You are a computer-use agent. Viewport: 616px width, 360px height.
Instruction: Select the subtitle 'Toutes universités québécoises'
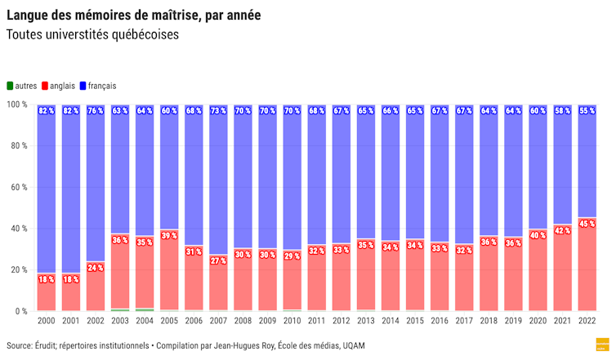(x=92, y=35)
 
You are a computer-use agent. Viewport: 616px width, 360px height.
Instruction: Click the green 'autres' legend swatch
(x=10, y=86)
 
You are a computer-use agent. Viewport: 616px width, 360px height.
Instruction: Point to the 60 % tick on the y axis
(x=17, y=187)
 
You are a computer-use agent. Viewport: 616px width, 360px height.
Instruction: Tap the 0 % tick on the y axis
(x=20, y=311)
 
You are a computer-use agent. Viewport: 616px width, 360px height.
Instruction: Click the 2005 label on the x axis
(x=169, y=322)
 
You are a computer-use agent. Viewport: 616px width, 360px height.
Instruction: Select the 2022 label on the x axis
(x=586, y=322)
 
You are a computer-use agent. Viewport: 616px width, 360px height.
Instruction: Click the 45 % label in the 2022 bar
(x=586, y=224)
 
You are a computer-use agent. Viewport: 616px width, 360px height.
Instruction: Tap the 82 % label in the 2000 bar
(x=47, y=111)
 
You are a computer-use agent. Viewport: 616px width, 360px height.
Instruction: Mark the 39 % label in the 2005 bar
(x=169, y=236)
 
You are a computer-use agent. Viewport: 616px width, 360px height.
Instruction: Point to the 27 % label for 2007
(x=218, y=260)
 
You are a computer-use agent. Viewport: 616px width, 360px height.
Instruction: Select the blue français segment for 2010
(x=292, y=180)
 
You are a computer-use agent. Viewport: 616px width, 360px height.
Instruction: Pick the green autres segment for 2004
(x=145, y=309)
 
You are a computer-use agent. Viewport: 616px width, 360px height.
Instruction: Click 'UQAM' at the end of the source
(x=353, y=346)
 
